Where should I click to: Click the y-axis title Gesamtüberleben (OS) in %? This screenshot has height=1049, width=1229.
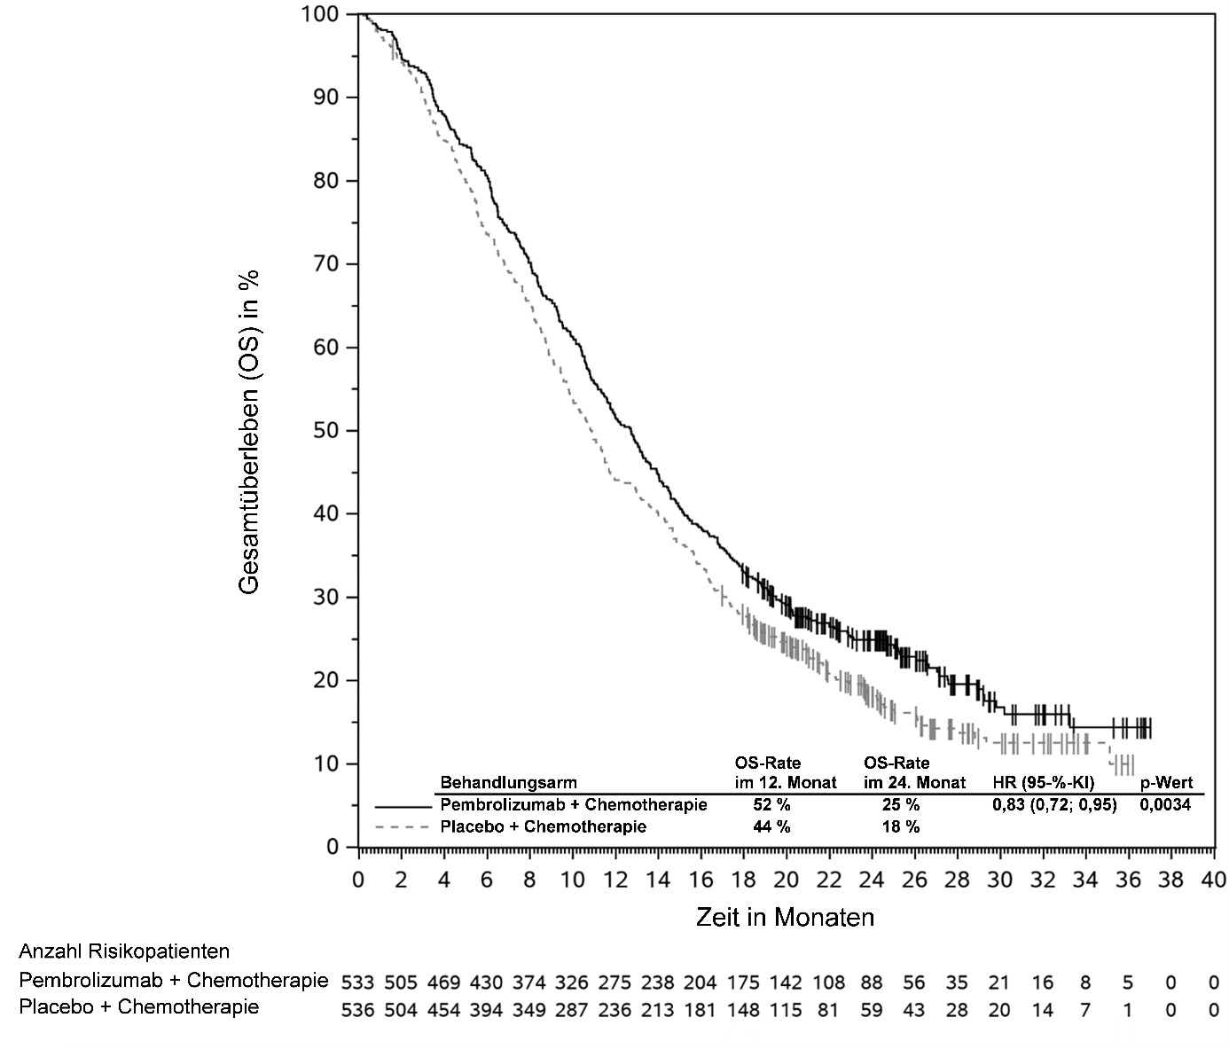[250, 431]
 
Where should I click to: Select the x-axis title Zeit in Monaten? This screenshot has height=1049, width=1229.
[785, 917]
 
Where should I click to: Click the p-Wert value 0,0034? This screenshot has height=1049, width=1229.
[1165, 805]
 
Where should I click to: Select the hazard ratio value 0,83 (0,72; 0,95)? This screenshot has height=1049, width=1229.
[1054, 805]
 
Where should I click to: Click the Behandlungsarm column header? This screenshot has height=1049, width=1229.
[508, 783]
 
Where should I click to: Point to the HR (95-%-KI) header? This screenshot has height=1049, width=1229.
[1044, 783]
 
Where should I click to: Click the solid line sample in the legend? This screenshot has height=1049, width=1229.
[403, 806]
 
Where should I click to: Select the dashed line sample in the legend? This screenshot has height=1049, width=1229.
[403, 827]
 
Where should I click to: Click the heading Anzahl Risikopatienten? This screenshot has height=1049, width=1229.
[124, 951]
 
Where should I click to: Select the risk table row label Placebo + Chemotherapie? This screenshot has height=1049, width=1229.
[139, 1007]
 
